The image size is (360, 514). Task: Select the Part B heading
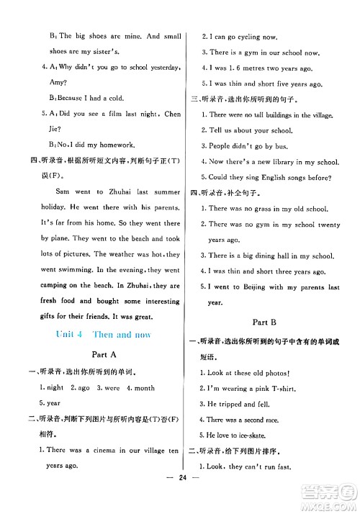click(x=266, y=321)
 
